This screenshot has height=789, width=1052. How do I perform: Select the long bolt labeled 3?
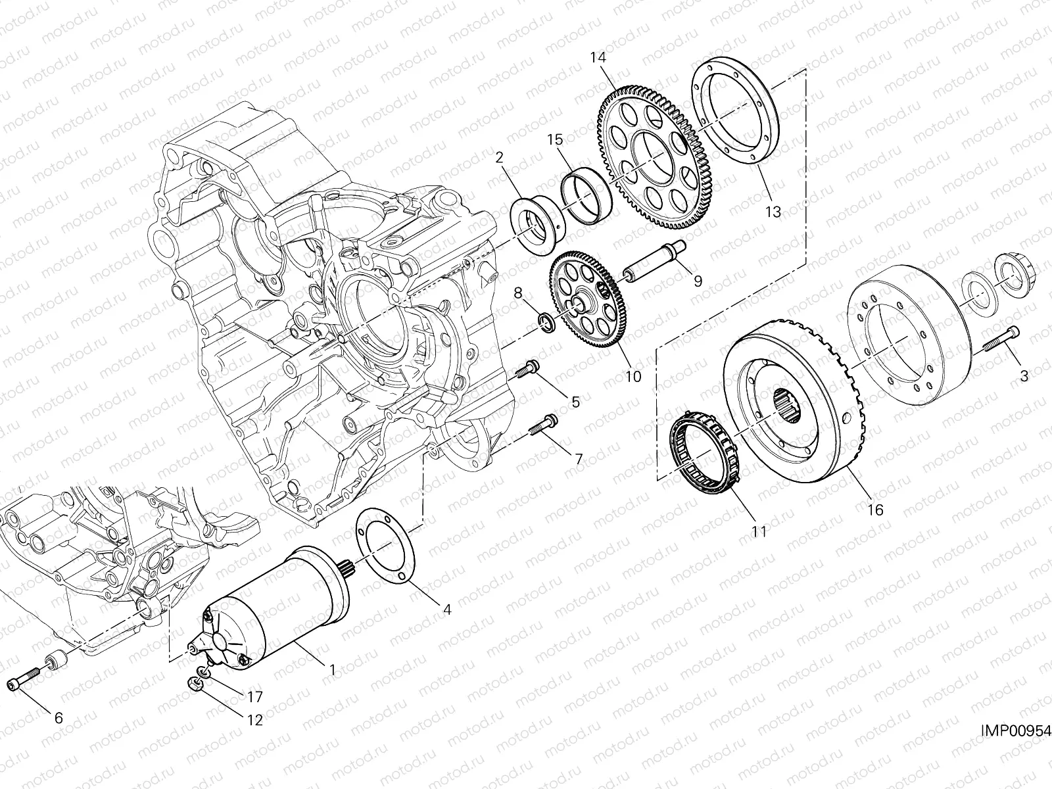(1000, 340)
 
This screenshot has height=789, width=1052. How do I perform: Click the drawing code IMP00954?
(1016, 730)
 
